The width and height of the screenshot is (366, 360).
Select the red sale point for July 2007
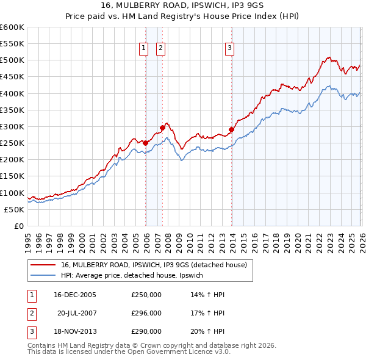pos(163,128)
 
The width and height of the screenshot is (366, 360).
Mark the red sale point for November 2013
pos(232,129)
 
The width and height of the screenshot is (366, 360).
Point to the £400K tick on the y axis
pos(12,93)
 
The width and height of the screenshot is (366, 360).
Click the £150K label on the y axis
pos(12,176)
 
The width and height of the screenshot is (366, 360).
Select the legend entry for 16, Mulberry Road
pos(153,265)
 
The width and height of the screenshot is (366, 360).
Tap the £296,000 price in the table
pos(146,313)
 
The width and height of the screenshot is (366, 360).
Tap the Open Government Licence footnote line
pos(129,352)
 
